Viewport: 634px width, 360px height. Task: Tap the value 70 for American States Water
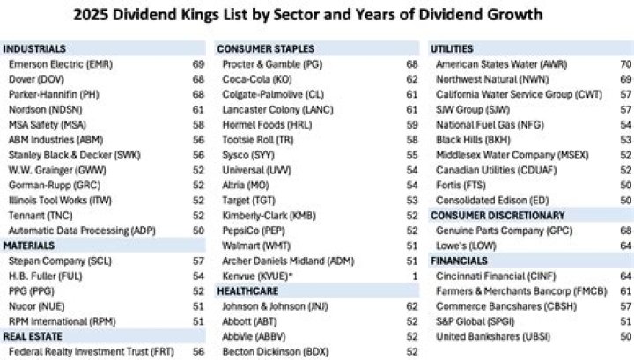point(625,65)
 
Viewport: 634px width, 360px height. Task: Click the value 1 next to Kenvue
point(415,276)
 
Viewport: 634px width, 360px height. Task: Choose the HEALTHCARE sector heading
point(247,290)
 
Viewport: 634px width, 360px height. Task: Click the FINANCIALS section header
point(459,261)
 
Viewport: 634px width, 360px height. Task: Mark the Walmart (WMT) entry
point(262,246)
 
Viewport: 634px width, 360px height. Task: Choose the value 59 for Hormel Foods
point(412,125)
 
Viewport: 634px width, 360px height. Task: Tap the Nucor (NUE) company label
point(37,305)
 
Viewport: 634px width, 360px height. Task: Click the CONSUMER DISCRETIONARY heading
point(498,215)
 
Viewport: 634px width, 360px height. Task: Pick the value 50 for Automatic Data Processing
point(198,231)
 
